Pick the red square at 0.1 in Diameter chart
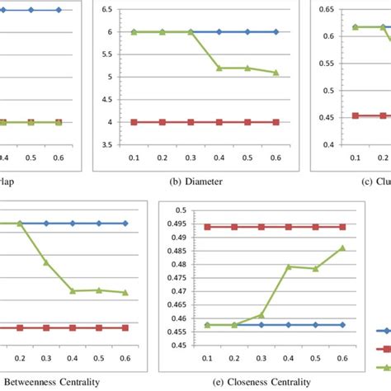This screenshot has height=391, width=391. pyautogui.click(x=134, y=122)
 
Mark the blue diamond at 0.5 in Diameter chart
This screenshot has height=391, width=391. pyautogui.click(x=247, y=31)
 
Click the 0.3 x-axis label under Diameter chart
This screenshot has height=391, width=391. pyautogui.click(x=191, y=156)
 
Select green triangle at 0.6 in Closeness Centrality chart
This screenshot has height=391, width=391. pyautogui.click(x=342, y=247)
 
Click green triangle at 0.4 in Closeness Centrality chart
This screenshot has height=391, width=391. pyautogui.click(x=288, y=266)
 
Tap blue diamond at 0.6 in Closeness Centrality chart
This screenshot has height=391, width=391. pyautogui.click(x=342, y=325)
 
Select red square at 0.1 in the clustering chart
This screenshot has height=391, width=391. pyautogui.click(x=355, y=115)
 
